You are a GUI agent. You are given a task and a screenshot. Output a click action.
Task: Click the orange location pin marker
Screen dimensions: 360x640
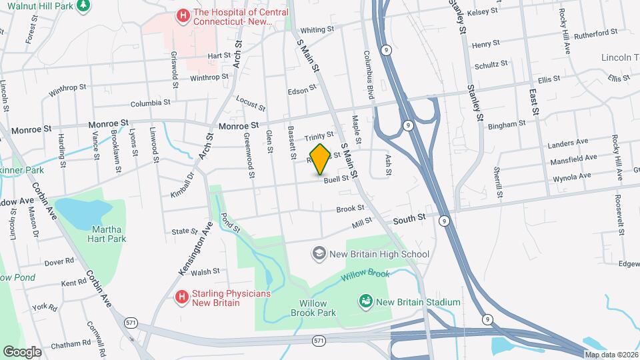tap(321, 159)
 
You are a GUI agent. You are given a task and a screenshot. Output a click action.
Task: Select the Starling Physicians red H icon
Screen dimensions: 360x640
tap(180, 297)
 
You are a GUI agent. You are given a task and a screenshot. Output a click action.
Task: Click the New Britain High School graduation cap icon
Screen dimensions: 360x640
tap(319, 253)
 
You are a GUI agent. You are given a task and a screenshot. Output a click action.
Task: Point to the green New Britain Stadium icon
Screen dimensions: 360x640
tap(365, 302)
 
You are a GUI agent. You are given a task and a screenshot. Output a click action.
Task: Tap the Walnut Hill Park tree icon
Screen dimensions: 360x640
tap(83, 6)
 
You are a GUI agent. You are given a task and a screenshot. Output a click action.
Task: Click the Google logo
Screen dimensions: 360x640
tap(22, 351)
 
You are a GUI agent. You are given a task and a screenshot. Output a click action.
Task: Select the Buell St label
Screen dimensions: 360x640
tap(336, 179)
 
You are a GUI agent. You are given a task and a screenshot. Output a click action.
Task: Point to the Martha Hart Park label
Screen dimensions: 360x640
tap(107, 233)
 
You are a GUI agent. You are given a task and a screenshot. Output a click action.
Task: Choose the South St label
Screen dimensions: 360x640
tap(412, 219)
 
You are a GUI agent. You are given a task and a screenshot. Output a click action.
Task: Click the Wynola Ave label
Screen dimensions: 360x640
tap(572, 177)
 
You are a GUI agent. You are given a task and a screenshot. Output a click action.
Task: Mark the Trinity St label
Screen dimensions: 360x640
tap(319, 137)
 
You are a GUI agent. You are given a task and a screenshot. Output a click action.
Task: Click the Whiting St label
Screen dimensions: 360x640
tap(317, 30)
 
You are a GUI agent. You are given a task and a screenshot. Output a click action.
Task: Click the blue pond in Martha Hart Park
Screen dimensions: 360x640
tap(83, 210)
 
